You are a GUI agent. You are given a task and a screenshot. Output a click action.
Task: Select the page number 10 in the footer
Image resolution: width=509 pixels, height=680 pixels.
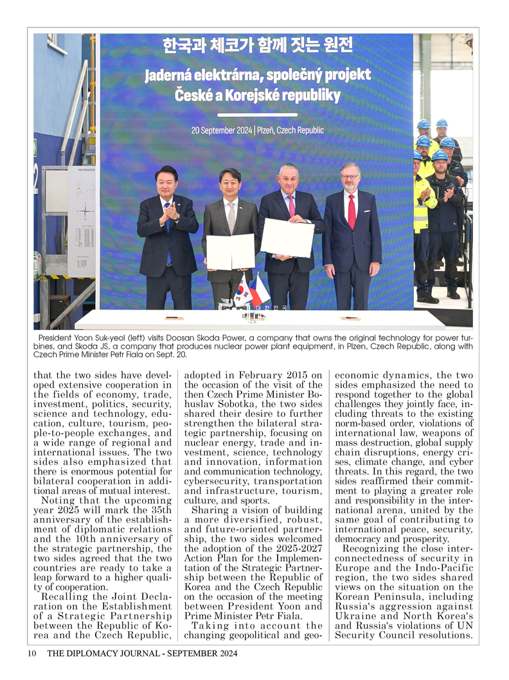31,654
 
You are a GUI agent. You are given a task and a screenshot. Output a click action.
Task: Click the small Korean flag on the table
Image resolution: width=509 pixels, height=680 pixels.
243,292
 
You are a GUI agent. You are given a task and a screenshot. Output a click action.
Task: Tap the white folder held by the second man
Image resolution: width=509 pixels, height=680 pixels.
230,251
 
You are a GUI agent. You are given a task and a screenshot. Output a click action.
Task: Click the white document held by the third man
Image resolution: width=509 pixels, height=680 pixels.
287,237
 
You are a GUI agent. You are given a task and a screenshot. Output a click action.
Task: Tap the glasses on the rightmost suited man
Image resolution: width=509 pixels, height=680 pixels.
350,177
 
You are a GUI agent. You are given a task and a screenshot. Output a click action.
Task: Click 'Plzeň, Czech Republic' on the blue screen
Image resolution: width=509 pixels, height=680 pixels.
290,130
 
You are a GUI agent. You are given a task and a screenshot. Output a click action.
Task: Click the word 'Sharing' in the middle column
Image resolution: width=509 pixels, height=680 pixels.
210,509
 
